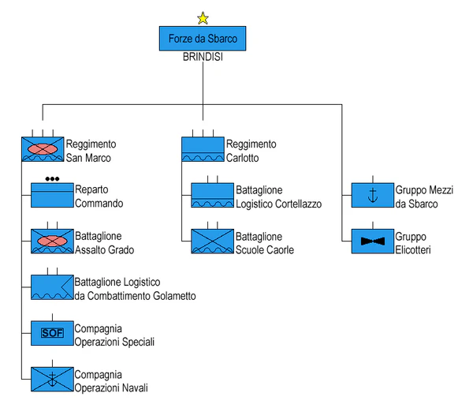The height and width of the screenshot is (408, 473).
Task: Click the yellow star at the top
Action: click(203, 17)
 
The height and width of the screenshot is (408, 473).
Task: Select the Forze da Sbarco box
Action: click(203, 38)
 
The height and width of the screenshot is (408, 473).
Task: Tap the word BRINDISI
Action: click(203, 57)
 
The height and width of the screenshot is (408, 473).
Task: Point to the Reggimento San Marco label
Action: click(91, 151)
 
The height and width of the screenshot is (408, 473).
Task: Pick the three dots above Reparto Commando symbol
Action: click(52, 178)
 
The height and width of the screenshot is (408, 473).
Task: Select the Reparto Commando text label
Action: click(99, 197)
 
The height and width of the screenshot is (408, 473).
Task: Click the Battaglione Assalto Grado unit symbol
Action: click(52, 241)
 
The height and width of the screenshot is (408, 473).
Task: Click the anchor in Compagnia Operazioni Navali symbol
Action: click(52, 380)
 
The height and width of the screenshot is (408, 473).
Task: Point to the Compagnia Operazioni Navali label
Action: click(110, 381)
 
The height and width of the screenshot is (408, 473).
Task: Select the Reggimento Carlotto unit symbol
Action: click(203, 150)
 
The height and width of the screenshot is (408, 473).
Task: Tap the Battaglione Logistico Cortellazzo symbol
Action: click(214, 196)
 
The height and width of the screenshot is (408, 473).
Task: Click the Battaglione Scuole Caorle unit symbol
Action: click(214, 241)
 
